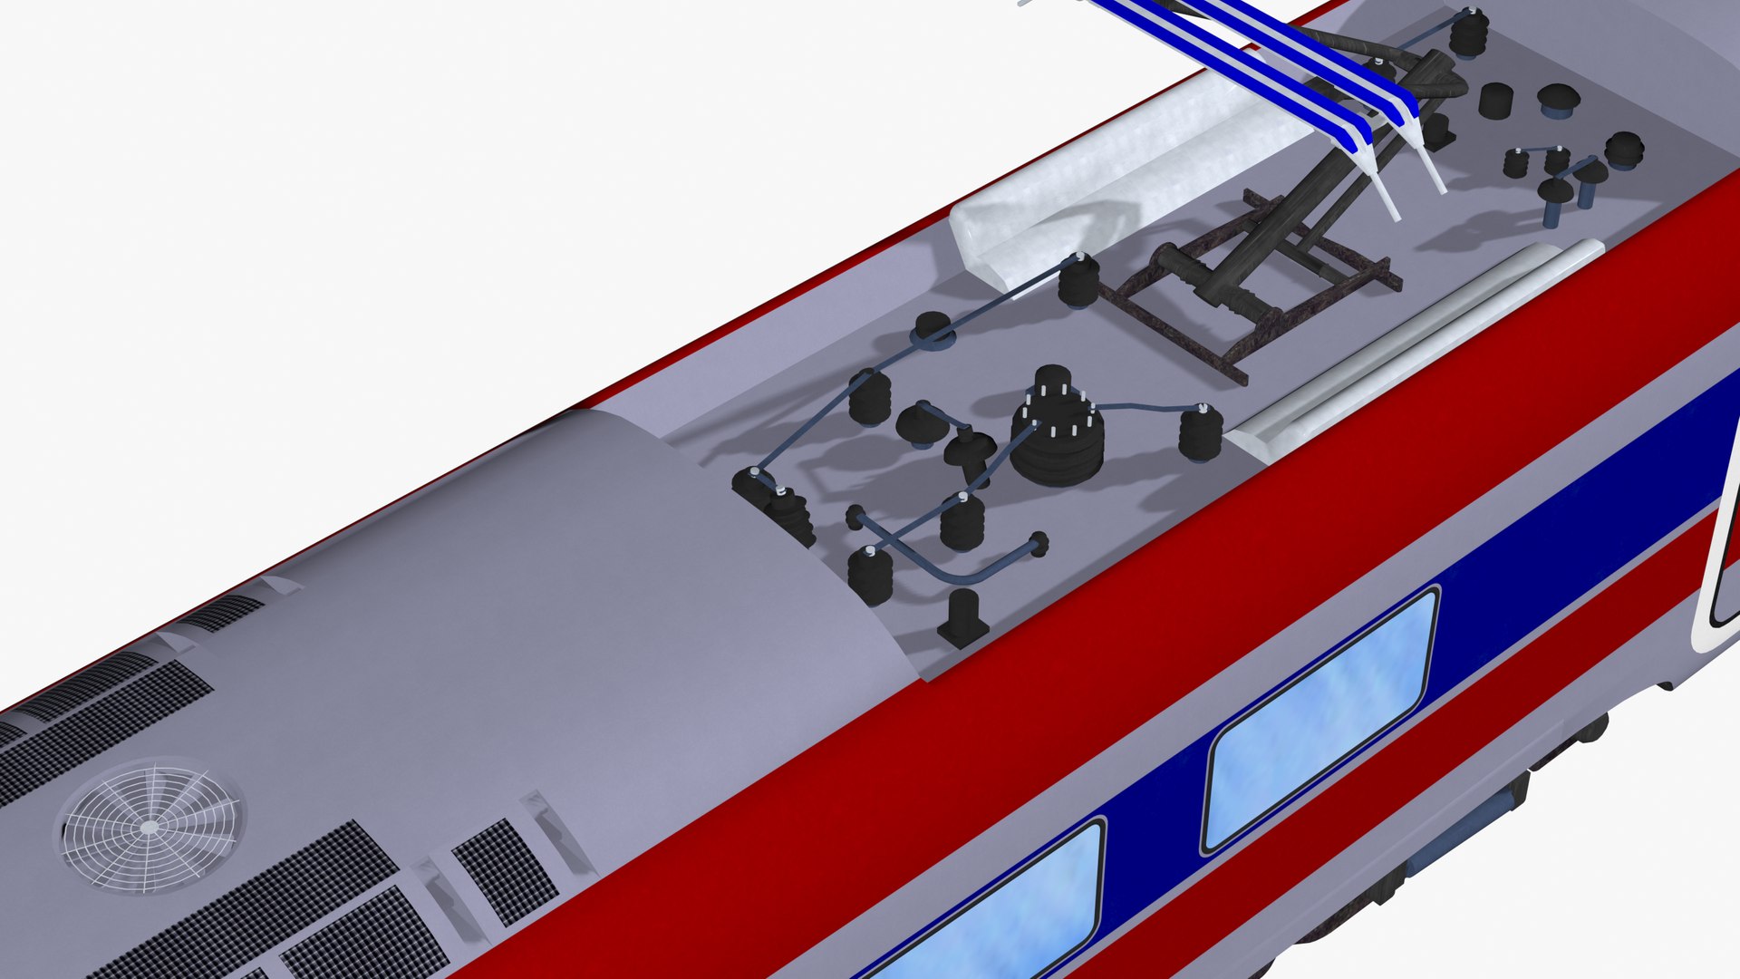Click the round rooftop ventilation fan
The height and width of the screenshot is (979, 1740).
pyautogui.click(x=150, y=827)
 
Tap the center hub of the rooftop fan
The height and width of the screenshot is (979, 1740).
pyautogui.click(x=150, y=827)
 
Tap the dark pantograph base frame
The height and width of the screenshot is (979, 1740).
pyautogui.click(x=1251, y=290)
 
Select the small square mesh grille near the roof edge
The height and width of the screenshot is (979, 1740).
pyautogui.click(x=504, y=870)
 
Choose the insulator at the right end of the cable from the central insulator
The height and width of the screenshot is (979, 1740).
pyautogui.click(x=1201, y=432)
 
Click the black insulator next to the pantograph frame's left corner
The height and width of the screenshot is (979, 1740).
pyautogui.click(x=1078, y=281)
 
